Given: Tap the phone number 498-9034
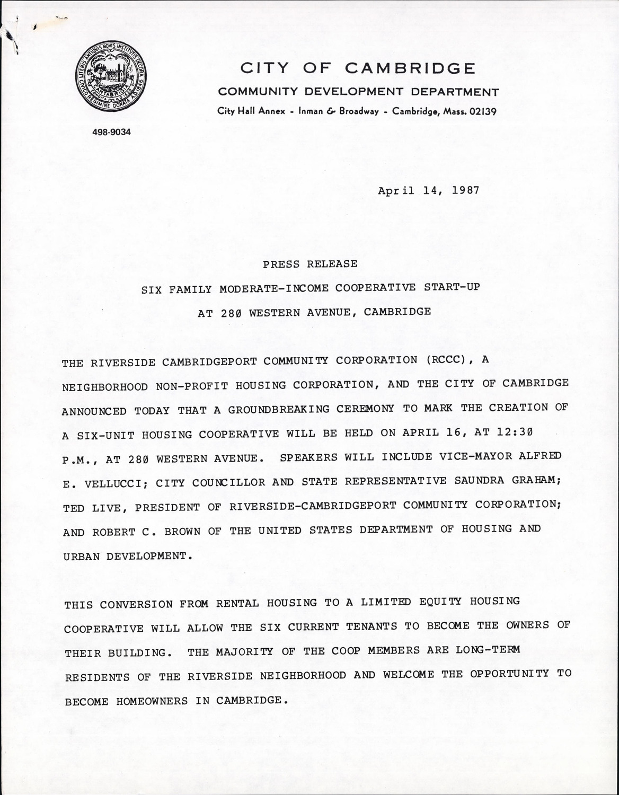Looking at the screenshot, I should tap(111, 132).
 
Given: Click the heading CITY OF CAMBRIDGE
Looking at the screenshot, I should tap(358, 68).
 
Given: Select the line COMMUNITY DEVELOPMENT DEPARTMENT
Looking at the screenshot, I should tap(358, 92).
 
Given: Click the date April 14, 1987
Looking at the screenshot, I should tap(428, 190).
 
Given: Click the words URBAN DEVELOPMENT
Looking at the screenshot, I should tap(125, 556).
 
